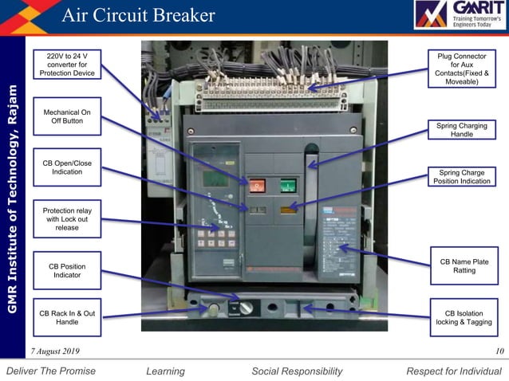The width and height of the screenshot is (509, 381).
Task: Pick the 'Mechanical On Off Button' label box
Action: (67, 116)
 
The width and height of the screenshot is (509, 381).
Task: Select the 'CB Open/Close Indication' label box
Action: (67, 167)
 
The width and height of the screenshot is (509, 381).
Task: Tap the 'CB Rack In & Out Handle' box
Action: (67, 317)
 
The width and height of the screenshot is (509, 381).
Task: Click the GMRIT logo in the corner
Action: (458, 15)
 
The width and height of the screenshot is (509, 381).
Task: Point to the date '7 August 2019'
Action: (55, 352)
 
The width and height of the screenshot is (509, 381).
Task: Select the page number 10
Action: (499, 352)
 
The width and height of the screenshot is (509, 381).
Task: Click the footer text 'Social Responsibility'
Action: (297, 371)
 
